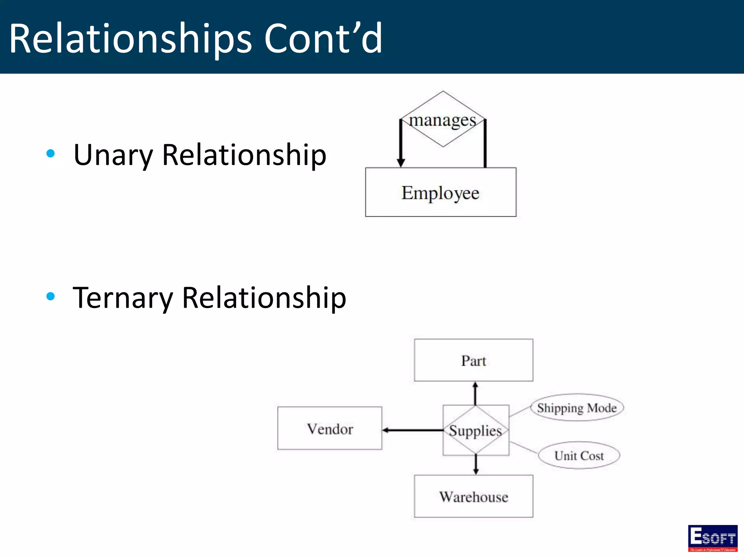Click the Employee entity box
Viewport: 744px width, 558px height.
(441, 192)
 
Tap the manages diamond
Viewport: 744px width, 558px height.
(442, 120)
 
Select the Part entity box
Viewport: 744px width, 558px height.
(473, 360)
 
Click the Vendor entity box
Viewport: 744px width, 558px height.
(329, 429)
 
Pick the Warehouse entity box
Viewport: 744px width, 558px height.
(473, 496)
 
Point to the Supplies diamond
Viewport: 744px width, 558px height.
(476, 430)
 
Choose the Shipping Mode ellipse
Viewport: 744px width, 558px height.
(577, 408)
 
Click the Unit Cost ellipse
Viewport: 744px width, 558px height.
(579, 456)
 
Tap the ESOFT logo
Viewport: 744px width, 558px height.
(712, 538)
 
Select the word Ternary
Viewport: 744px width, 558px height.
(123, 298)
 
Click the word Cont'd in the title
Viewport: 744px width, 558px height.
(323, 38)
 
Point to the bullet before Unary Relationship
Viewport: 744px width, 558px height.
(50, 154)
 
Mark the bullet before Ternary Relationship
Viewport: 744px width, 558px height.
(50, 296)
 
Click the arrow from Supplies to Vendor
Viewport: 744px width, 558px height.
(412, 430)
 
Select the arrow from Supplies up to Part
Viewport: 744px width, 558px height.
(475, 393)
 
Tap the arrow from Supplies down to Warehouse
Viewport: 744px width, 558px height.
(476, 465)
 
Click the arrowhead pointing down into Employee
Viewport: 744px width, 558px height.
(401, 162)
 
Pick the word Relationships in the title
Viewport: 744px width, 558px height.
(130, 38)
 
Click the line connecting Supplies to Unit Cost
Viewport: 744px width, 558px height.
(523, 448)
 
